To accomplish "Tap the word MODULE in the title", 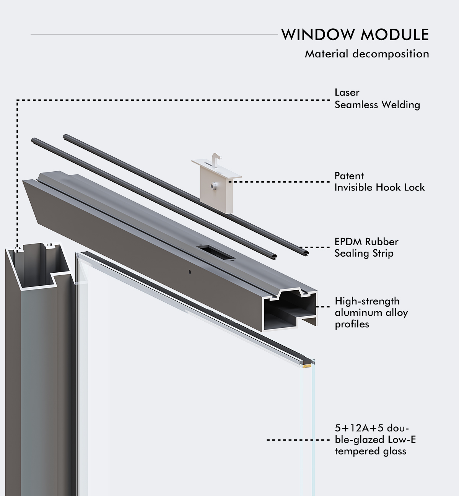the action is point(395,34).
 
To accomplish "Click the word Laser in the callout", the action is point(347,93).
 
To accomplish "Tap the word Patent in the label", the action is point(349,176).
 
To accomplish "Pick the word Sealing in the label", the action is point(352,254).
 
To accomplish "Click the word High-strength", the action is point(367,301).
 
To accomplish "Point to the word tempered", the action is point(353,452).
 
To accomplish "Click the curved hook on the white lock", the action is point(216,158).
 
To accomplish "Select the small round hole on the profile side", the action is point(190,271).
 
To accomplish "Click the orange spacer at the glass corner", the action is point(307,366).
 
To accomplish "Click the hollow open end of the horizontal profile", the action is point(290,311).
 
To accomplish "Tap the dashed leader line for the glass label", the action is point(298,440).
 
